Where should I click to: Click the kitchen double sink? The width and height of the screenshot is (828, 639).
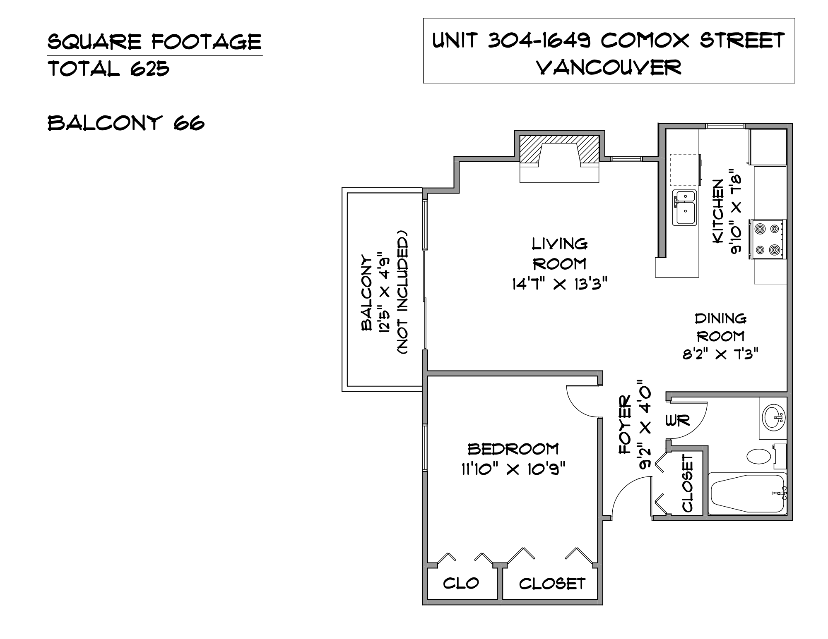coord(684,208)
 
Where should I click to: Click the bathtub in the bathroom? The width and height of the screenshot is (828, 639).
coord(748,494)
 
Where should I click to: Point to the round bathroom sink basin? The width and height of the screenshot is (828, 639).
coord(773,417)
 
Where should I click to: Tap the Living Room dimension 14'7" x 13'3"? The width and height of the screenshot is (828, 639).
coord(560,284)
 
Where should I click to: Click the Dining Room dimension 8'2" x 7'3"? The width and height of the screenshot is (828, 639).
coord(720,354)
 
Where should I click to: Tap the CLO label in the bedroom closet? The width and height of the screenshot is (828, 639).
coord(461,583)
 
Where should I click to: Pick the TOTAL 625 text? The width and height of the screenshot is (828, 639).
coord(109,69)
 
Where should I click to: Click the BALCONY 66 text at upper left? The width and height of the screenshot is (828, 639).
coord(126,123)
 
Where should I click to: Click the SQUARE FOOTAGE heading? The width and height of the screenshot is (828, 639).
coord(155,42)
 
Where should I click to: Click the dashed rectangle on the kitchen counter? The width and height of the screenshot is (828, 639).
coord(685,170)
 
